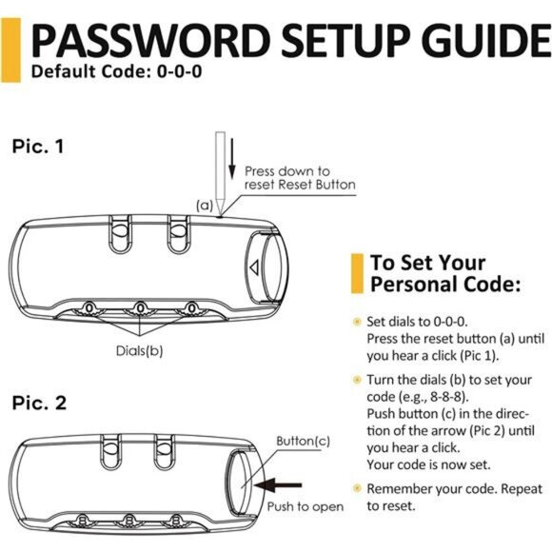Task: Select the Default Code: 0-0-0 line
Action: [x=116, y=71]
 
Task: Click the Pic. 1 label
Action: [x=38, y=147]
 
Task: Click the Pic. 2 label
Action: [x=39, y=403]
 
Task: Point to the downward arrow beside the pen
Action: [x=231, y=159]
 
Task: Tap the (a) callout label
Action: [x=205, y=205]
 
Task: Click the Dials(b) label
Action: [x=139, y=350]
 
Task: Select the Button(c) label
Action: [x=303, y=441]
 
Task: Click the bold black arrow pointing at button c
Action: [x=278, y=485]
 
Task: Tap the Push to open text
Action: [x=306, y=507]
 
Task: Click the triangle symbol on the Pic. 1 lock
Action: [x=254, y=267]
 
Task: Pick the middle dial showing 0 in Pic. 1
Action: [x=141, y=308]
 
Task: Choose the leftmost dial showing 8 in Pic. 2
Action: [x=83, y=521]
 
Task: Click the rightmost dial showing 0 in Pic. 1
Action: [x=191, y=308]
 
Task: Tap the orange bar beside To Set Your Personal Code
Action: [x=357, y=273]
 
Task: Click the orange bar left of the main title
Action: [x=10, y=50]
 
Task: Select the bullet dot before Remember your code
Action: [x=357, y=488]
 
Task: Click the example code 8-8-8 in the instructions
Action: [x=446, y=397]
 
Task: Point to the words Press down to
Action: [x=287, y=171]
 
